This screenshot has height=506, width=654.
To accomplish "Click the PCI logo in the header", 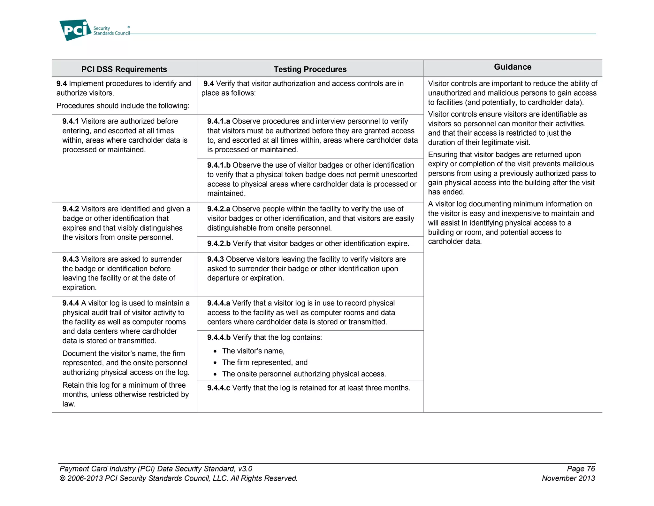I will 75,30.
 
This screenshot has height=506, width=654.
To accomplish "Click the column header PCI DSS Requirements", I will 124,69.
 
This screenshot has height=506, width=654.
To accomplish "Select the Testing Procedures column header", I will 310,69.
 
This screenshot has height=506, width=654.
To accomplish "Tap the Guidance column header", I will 513,67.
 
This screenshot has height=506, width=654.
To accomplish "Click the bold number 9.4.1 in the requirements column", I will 70,121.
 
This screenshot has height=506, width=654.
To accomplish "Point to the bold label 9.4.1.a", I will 218,121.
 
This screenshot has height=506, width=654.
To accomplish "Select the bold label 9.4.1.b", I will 219,165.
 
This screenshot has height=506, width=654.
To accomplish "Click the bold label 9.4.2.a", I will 218,209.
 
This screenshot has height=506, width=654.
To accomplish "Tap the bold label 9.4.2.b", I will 219,243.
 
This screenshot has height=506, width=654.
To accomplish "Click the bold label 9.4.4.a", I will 218,303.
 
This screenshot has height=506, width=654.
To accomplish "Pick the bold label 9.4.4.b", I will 219,337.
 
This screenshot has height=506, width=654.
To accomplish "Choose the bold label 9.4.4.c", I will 218,388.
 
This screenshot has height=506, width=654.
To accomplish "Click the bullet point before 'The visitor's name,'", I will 215,352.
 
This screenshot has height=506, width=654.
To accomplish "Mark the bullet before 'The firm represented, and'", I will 215,363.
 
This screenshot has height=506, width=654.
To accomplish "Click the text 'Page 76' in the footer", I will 581,469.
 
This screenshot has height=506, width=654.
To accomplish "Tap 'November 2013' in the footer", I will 568,478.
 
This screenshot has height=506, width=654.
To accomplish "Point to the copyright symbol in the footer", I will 62,478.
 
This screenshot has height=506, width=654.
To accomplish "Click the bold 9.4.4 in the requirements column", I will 70,303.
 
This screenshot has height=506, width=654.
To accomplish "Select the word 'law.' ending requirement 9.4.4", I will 69,404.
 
